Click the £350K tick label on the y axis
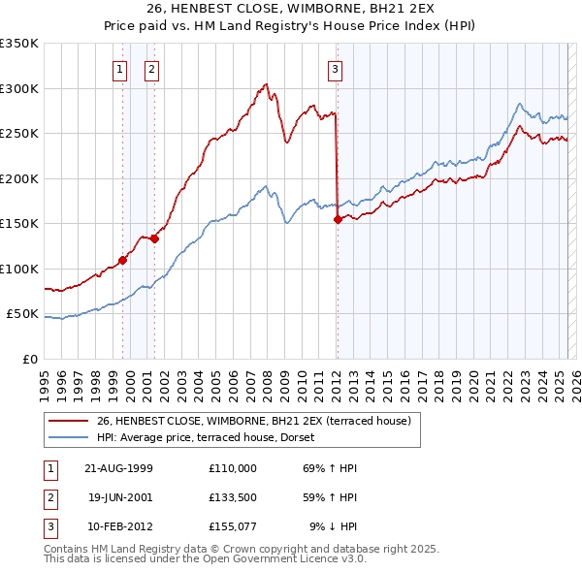[x=19, y=44]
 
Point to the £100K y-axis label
[x=19, y=269]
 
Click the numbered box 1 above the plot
[x=119, y=69]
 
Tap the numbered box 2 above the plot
[x=152, y=69]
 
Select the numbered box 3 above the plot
[x=335, y=69]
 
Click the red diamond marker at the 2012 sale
[x=338, y=219]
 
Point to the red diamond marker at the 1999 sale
[x=123, y=260]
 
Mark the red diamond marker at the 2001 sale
[x=154, y=238]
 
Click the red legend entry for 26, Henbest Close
[x=254, y=421]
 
